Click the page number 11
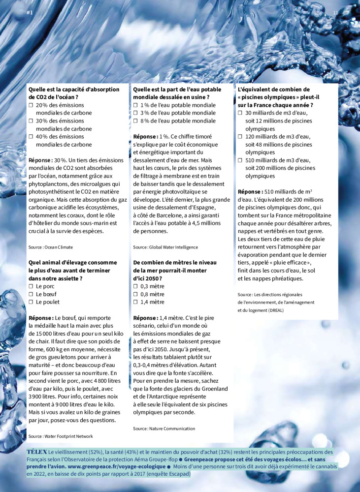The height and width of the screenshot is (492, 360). coord(335,12)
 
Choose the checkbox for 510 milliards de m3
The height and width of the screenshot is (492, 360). coord(240,160)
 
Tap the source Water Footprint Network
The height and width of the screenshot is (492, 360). coord(61,436)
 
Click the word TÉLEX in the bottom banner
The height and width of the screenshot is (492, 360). coord(37,452)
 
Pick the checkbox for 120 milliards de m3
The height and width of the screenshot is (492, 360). coord(240,137)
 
